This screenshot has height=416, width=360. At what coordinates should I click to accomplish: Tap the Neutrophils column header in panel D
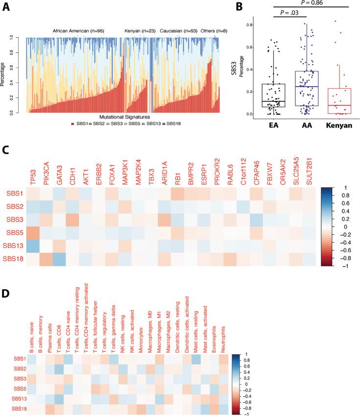[224, 333]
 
